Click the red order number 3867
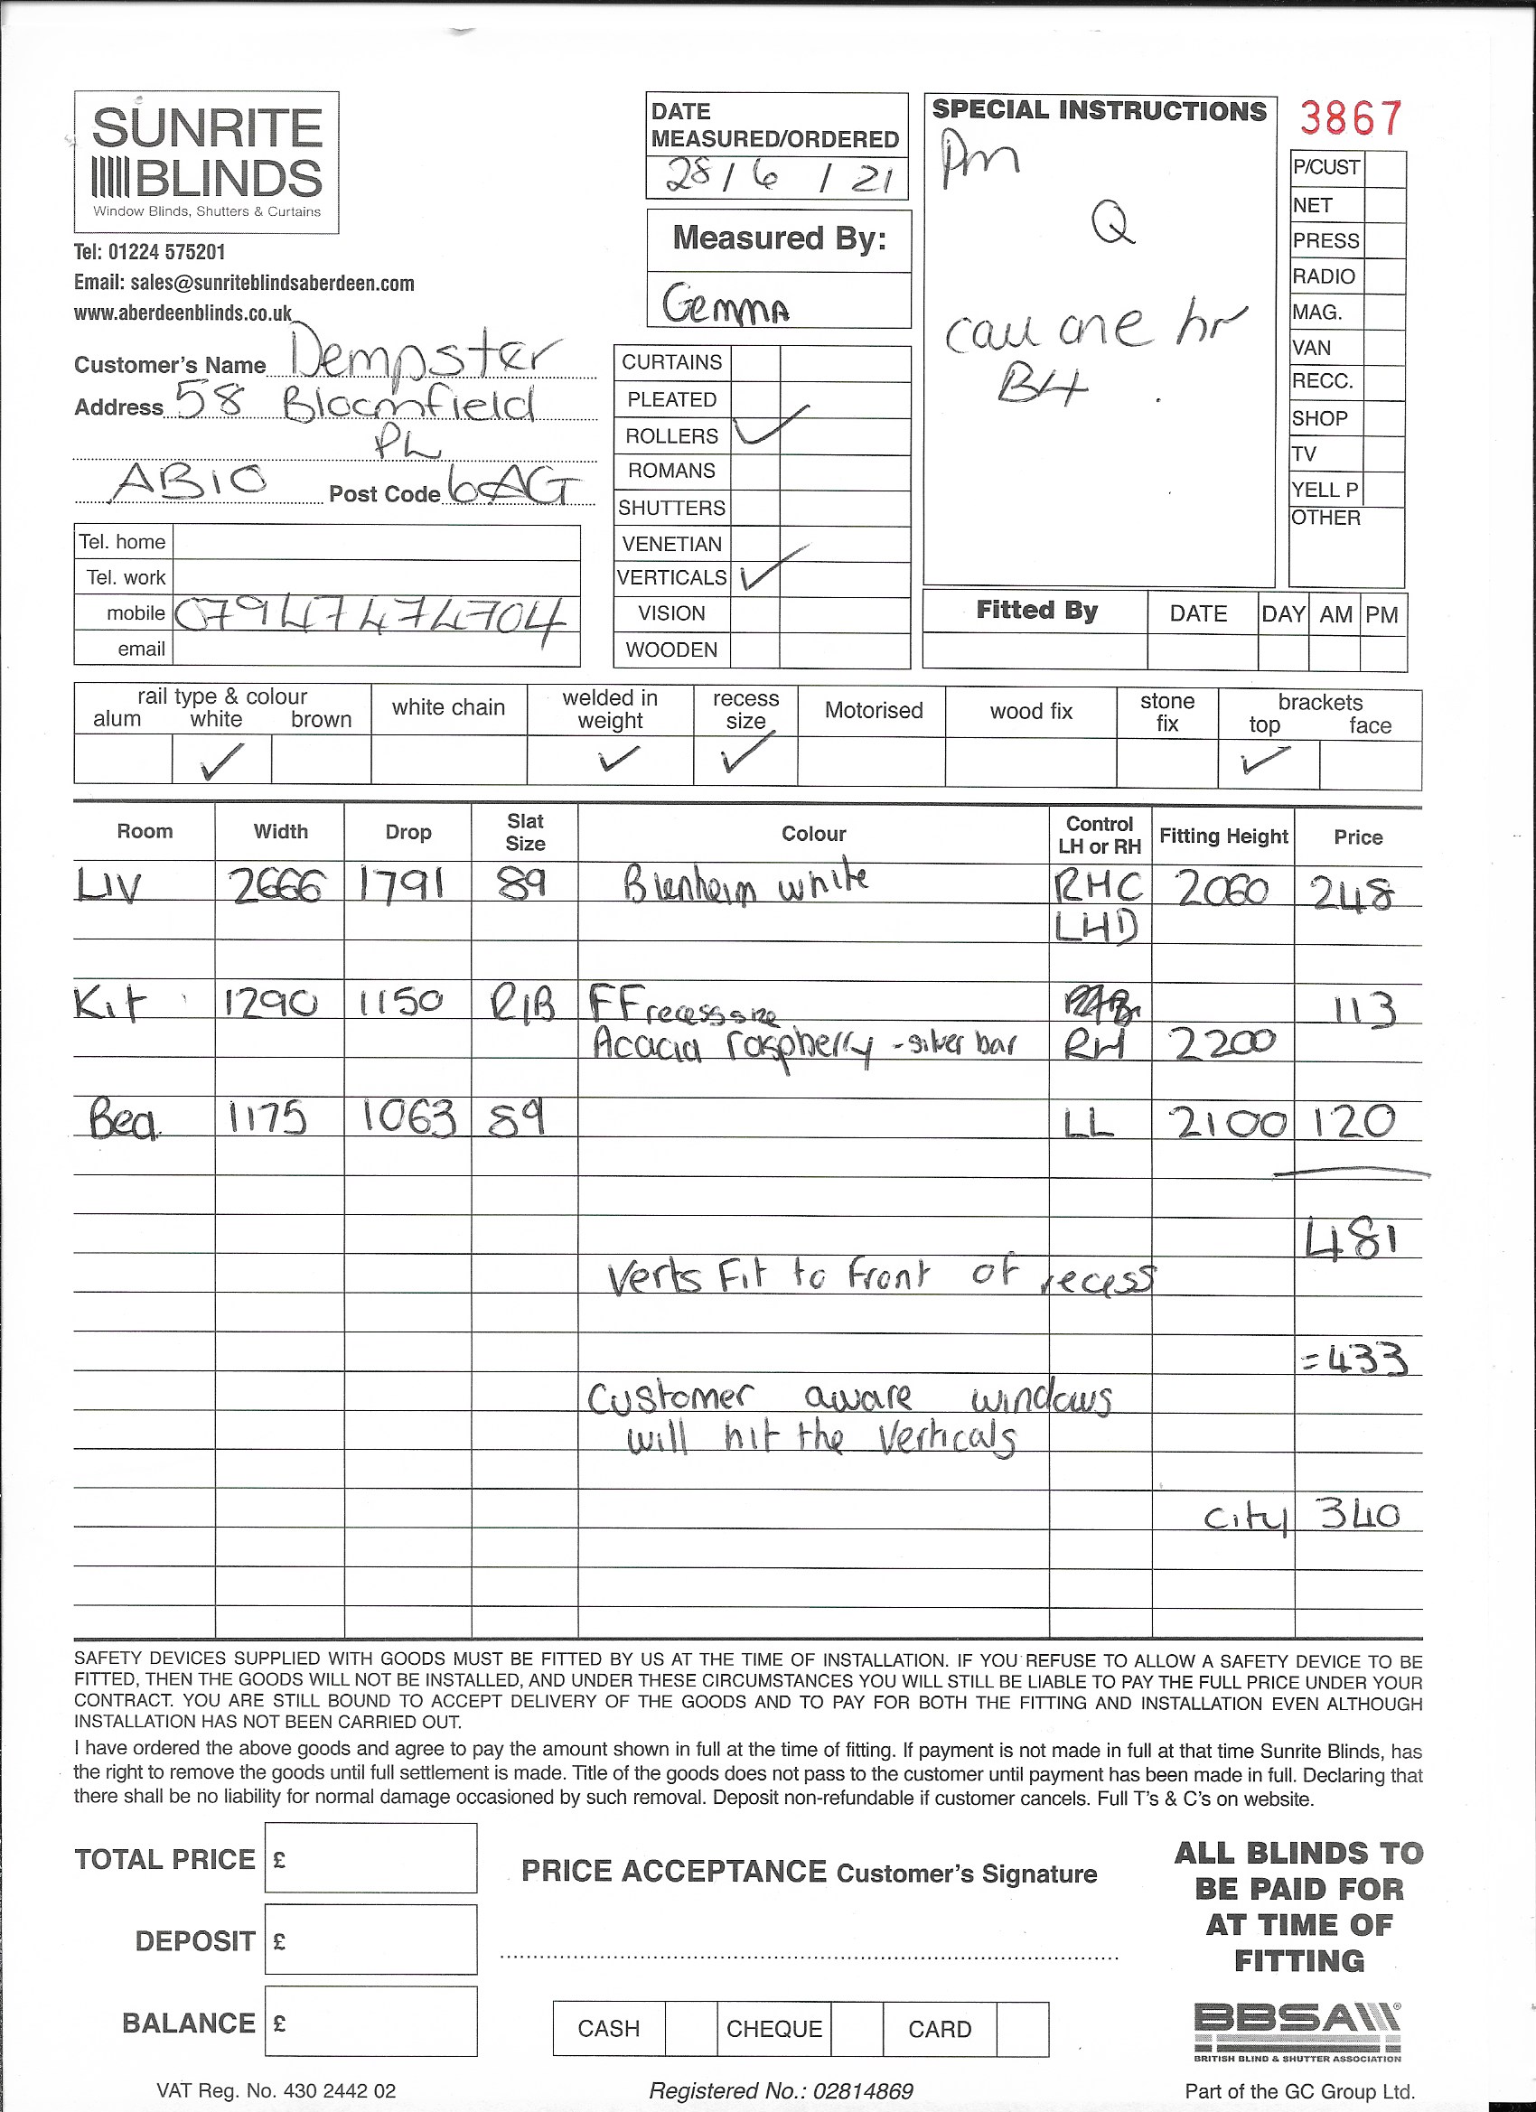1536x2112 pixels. tap(1350, 119)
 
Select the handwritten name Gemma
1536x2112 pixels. tap(726, 304)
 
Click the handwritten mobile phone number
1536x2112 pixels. tap(370, 615)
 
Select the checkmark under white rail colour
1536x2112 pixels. tap(221, 761)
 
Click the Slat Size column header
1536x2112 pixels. tap(524, 832)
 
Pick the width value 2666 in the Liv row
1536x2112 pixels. tap(277, 887)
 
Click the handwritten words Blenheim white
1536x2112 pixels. tap(746, 883)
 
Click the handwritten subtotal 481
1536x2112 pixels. tap(1352, 1240)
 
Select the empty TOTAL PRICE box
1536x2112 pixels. tap(370, 1858)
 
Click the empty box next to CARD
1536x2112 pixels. tap(1022, 2028)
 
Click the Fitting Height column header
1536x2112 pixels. tap(1222, 836)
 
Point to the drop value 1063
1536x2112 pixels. tap(409, 1117)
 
